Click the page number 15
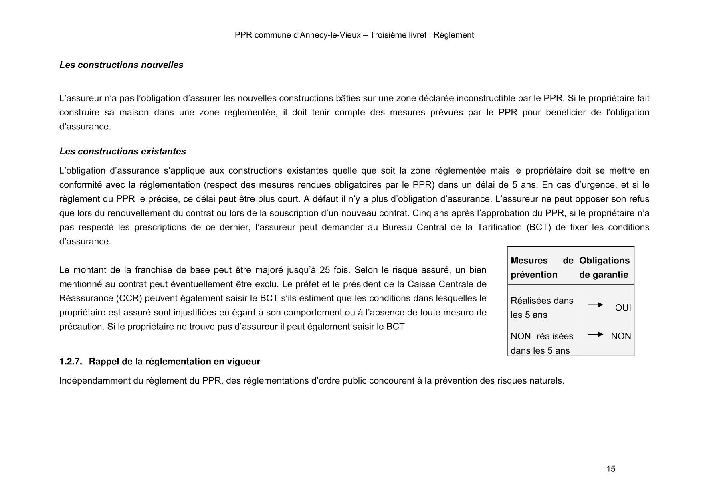pyautogui.click(x=610, y=469)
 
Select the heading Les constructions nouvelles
pyautogui.click(x=121, y=65)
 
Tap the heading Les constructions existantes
pyautogui.click(x=122, y=152)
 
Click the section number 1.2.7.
pyautogui.click(x=71, y=362)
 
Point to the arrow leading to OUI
pyautogui.click(x=595, y=305)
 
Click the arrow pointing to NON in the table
pyautogui.click(x=595, y=334)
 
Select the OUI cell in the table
pyautogui.click(x=623, y=308)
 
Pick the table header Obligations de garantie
pyautogui.click(x=604, y=267)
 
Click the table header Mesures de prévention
pyautogui.click(x=541, y=267)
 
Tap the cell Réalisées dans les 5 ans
pyautogui.click(x=541, y=308)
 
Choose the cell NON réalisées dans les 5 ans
pyautogui.click(x=541, y=343)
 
